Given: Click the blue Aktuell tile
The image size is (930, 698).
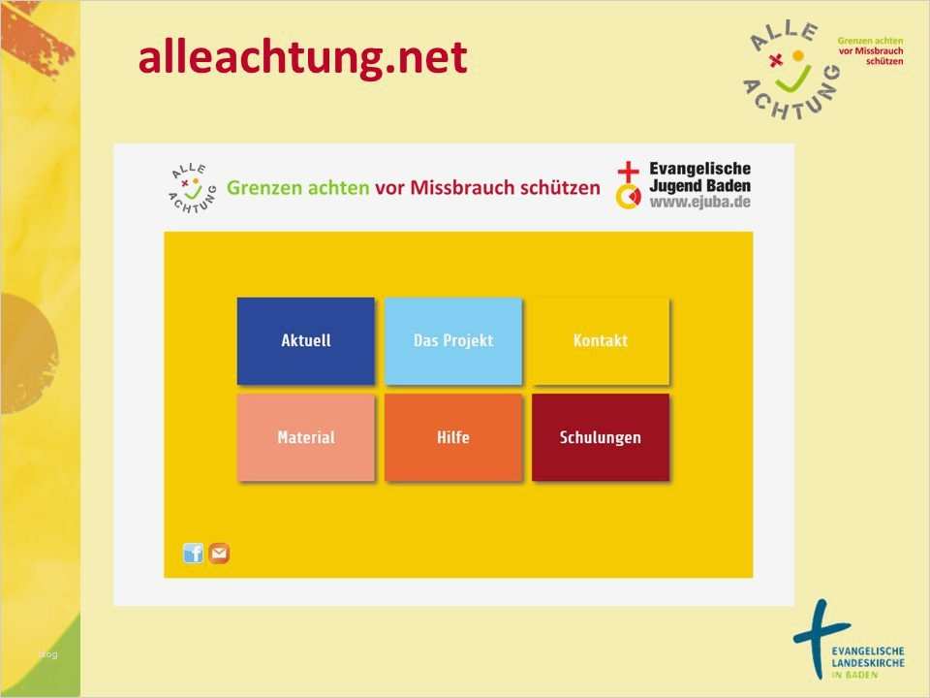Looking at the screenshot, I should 305,340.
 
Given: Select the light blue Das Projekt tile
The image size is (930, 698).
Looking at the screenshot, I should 452,340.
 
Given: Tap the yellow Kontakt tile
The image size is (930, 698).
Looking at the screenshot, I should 600,340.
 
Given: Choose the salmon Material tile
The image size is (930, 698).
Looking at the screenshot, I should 305,437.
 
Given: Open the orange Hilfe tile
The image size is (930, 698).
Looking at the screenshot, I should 452,437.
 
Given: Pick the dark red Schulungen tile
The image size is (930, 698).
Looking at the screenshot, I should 600,437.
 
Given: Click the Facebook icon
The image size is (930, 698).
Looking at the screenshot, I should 194,554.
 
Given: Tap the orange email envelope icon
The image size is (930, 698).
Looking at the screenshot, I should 220,554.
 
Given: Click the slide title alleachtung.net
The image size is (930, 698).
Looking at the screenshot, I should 302,58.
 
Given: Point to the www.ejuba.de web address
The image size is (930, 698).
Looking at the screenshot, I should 699,203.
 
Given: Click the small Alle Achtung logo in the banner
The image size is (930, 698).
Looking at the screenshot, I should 189,186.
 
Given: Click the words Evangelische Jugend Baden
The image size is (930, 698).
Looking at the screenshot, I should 699,176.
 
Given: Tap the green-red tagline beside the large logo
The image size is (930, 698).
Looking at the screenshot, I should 870,49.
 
